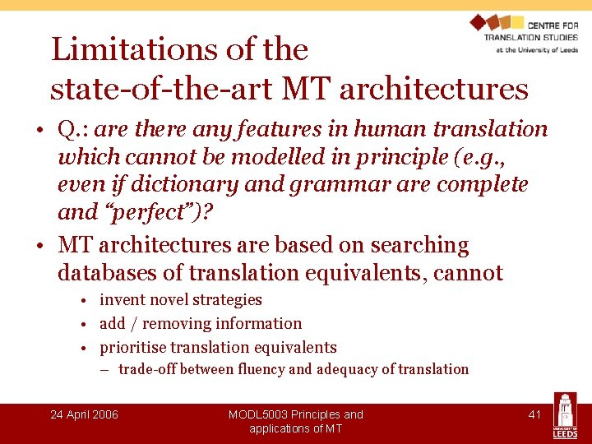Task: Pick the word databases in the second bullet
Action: click(x=119, y=272)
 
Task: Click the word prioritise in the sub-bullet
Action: click(x=136, y=347)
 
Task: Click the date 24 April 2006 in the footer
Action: click(x=84, y=414)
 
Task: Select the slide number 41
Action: click(x=534, y=414)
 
